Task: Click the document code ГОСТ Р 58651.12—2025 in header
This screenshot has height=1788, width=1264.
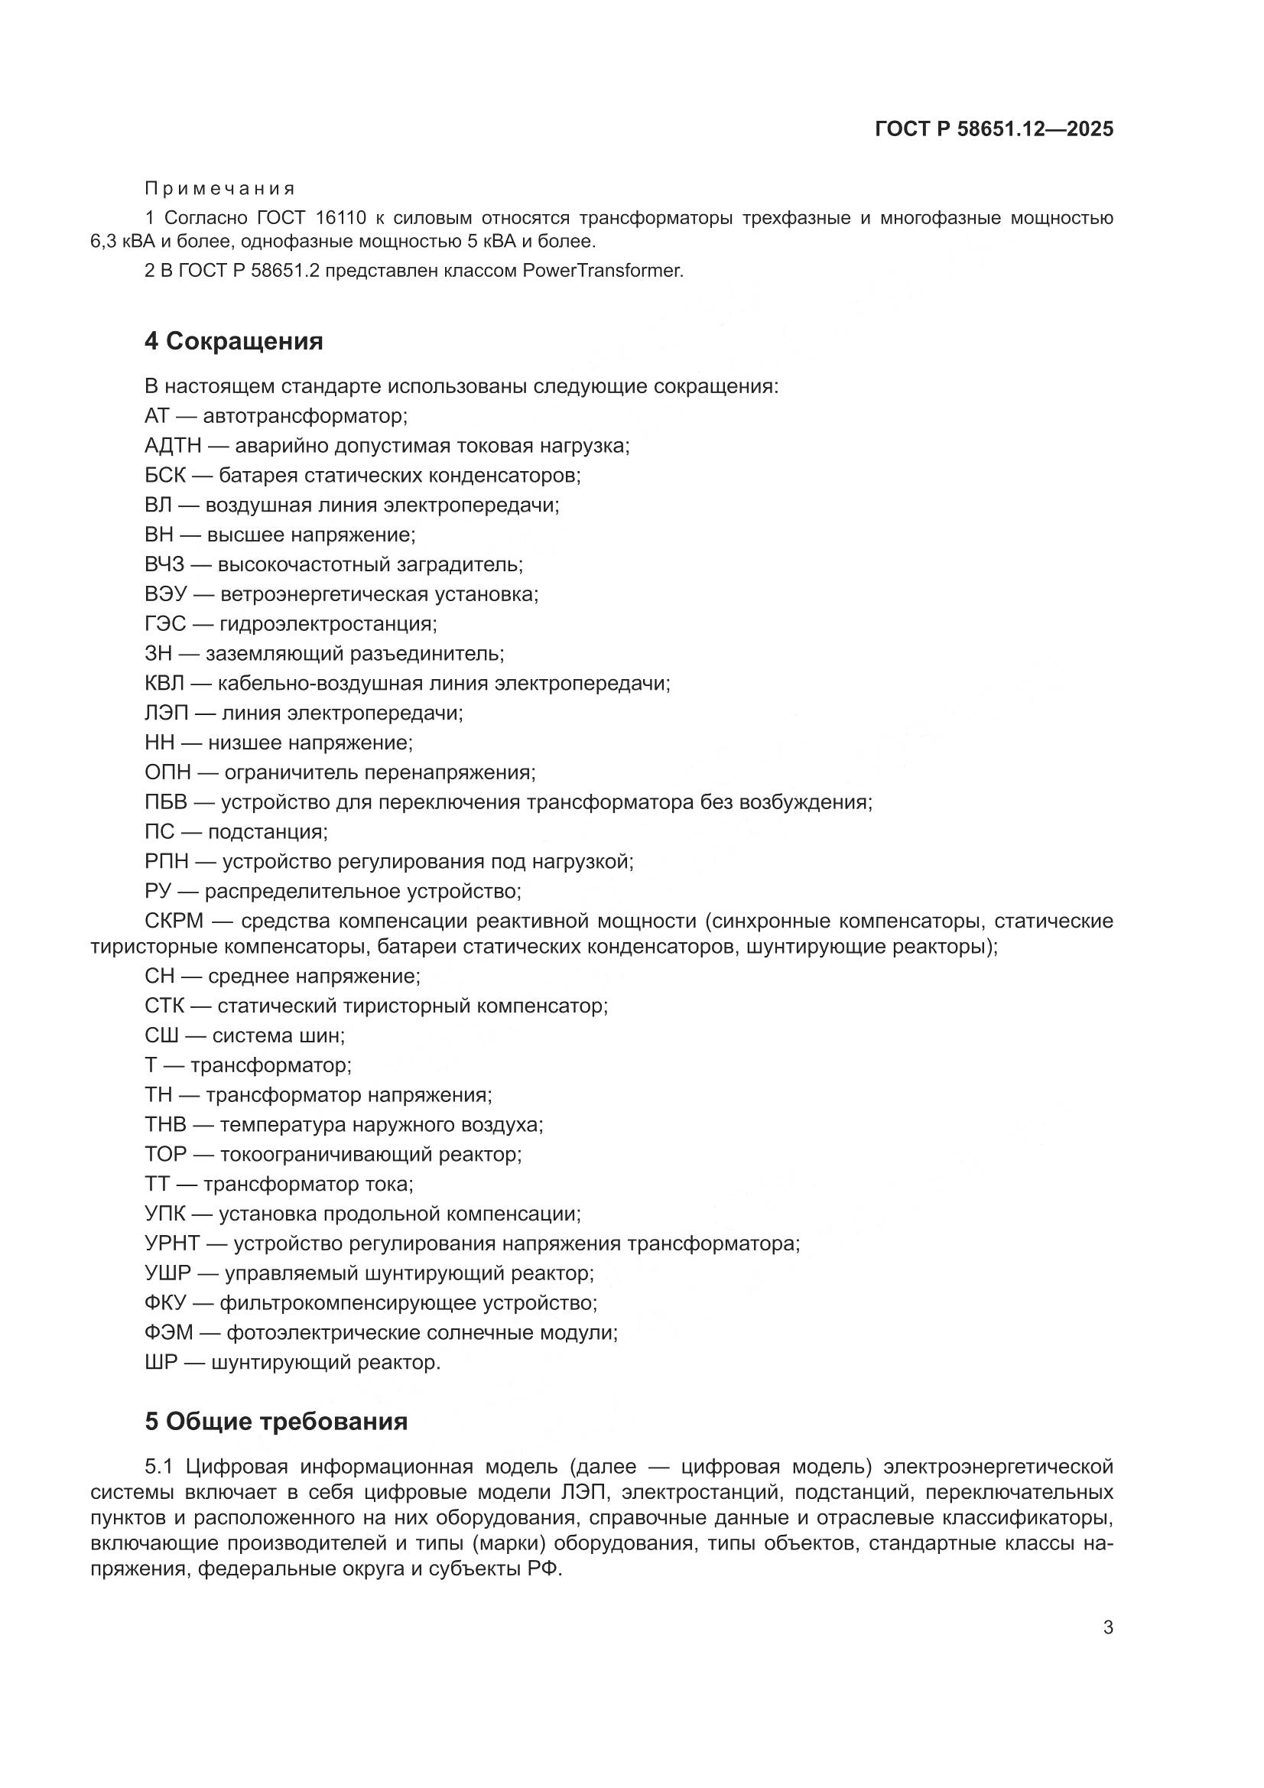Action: [x=994, y=129]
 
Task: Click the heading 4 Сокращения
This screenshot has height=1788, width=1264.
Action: [x=234, y=341]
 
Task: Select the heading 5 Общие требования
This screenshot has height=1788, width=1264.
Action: [x=276, y=1421]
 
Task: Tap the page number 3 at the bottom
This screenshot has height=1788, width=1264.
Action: [x=1108, y=1627]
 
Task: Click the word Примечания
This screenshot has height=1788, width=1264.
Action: [x=219, y=188]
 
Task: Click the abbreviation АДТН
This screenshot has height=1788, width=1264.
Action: [x=173, y=445]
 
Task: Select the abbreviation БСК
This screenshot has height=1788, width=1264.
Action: [x=165, y=475]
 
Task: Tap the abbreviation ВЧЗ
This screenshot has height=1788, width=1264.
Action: [x=164, y=564]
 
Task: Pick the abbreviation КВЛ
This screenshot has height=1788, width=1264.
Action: [x=165, y=684]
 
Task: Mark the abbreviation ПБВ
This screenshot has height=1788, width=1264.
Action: [x=166, y=802]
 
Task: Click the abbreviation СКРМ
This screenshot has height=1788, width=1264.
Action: [x=174, y=922]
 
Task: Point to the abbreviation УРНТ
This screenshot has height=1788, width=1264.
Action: [x=172, y=1243]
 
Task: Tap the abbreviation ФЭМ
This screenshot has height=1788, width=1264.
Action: [x=168, y=1332]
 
